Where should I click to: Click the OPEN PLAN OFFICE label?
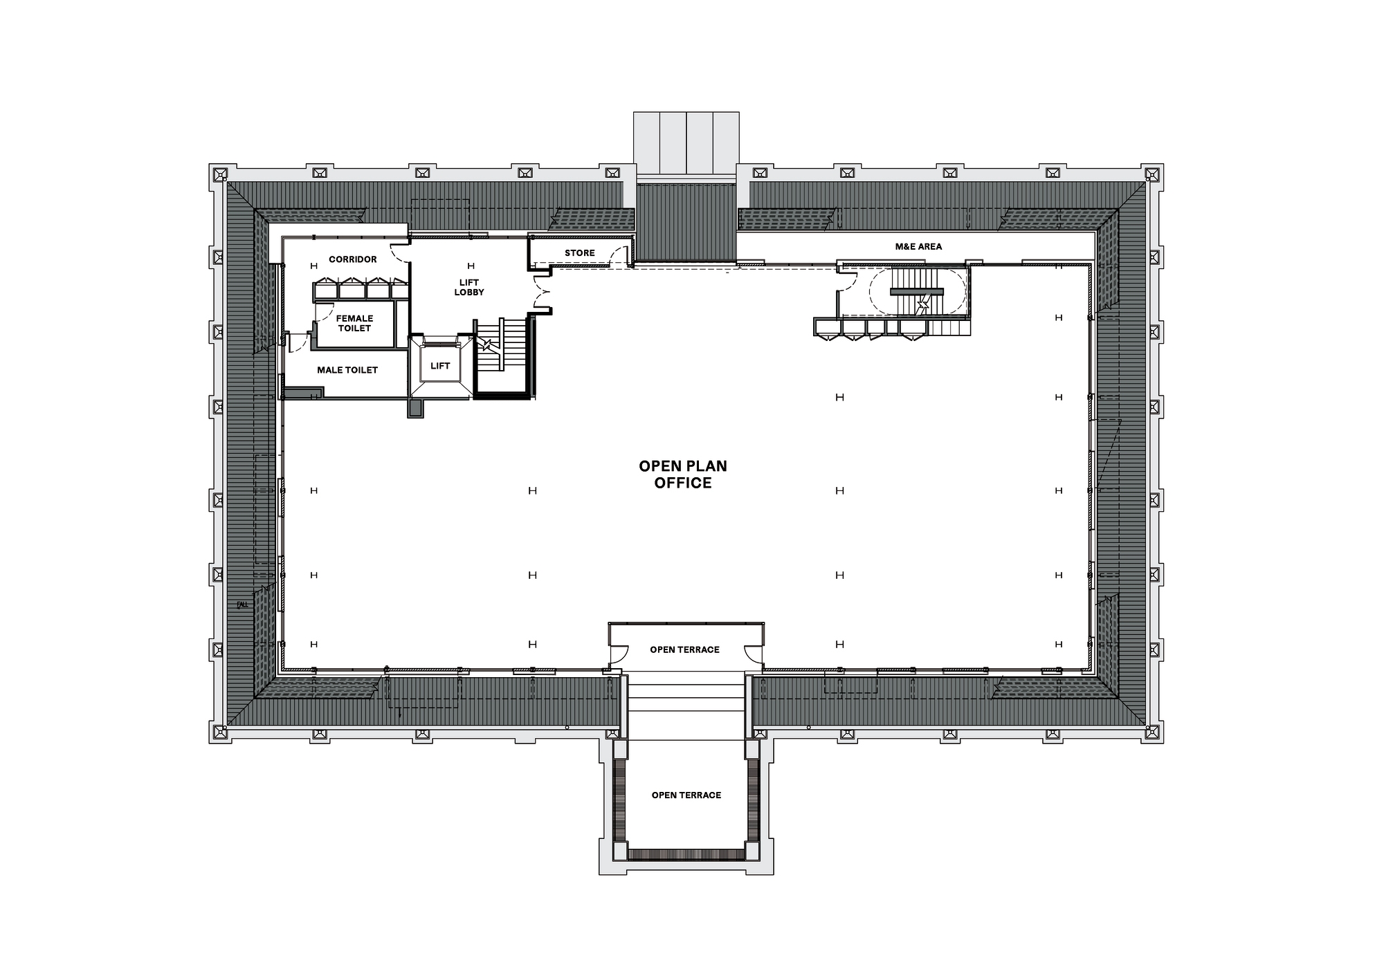(683, 474)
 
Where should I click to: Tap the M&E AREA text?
(918, 246)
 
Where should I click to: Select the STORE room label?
(580, 253)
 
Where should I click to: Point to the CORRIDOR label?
(353, 259)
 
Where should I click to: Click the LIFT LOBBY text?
(469, 287)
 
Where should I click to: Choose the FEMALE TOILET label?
(355, 323)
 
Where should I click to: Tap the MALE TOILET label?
(347, 370)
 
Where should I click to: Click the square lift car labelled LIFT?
(440, 366)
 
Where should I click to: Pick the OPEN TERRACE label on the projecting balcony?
(686, 795)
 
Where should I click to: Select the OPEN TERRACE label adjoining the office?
(684, 649)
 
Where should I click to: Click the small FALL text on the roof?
(242, 604)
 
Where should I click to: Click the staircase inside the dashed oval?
(917, 292)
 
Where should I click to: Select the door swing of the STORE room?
(618, 257)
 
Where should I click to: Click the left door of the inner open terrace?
(618, 654)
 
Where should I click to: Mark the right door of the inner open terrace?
(753, 654)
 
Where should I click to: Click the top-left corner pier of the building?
(220, 174)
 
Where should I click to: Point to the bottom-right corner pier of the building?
(1152, 733)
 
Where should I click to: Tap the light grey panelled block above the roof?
(686, 143)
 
